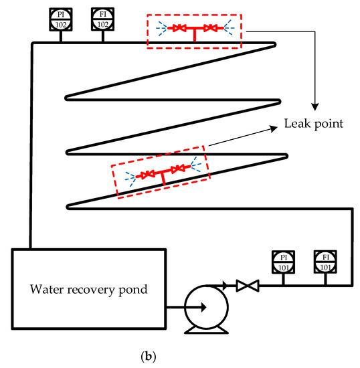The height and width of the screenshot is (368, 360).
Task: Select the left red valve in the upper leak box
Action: click(179, 29)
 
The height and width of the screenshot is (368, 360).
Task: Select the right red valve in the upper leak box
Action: click(210, 29)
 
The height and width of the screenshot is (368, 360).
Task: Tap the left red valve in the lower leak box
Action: click(147, 175)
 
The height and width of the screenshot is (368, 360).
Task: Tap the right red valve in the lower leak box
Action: click(177, 169)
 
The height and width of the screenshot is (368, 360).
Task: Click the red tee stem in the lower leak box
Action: click(163, 179)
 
